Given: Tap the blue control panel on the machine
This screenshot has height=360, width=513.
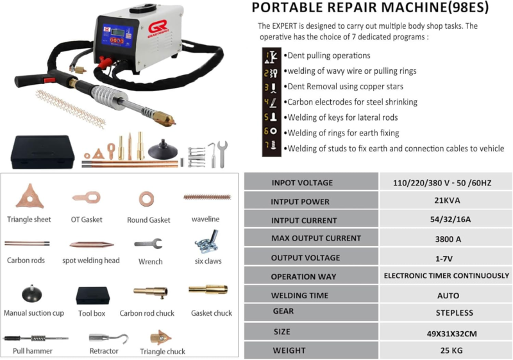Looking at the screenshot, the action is [x=117, y=36].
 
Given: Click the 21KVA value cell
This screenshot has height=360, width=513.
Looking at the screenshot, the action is [x=447, y=200].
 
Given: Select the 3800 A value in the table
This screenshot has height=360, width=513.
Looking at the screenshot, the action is [x=448, y=239].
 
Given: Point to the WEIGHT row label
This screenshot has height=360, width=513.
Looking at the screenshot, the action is [x=289, y=350].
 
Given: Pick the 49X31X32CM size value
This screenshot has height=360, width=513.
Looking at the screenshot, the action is [x=451, y=334].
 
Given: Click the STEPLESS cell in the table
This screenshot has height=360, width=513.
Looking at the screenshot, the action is [x=454, y=313].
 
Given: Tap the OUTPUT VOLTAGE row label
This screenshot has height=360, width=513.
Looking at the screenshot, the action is [x=305, y=258].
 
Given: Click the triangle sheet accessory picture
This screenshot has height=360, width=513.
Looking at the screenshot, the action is [x=29, y=197].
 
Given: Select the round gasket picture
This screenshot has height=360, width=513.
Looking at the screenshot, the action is [x=146, y=199].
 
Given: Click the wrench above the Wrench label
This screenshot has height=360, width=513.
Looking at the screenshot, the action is [x=148, y=244].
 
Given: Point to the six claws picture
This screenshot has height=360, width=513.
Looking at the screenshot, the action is [x=207, y=241].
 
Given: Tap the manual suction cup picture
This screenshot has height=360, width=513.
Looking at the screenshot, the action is [x=31, y=293].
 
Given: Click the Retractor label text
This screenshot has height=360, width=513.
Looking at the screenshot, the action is [x=104, y=351].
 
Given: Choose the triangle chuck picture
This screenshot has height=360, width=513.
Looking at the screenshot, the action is [x=160, y=338].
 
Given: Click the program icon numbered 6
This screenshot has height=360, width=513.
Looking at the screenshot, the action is [x=271, y=132].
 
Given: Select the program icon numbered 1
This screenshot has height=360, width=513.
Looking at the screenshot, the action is [x=271, y=57].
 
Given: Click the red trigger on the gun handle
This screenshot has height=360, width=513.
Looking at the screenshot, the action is [x=49, y=80].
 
